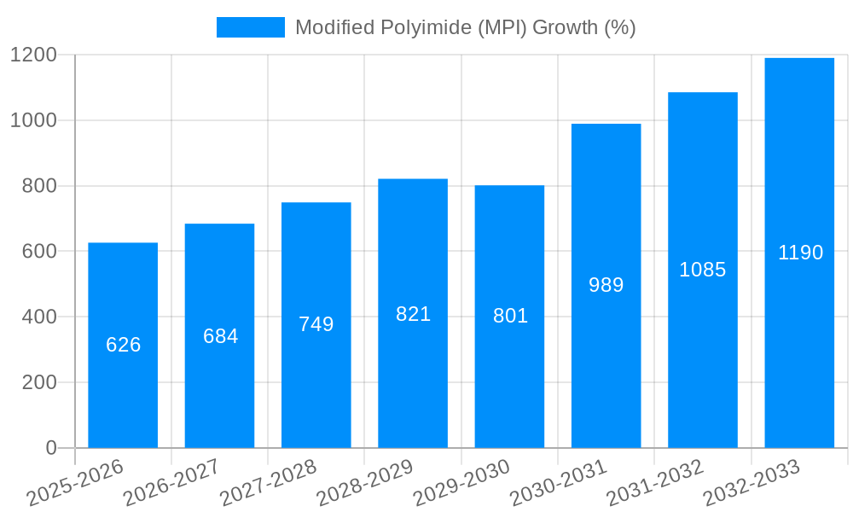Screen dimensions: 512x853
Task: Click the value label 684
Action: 220,336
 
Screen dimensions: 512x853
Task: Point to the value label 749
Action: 316,324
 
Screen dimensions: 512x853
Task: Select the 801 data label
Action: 510,316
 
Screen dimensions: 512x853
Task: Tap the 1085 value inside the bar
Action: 702,270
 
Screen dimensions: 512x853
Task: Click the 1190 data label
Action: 800,253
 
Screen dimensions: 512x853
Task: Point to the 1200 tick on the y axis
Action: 33,55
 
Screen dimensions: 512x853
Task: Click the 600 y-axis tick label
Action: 39,252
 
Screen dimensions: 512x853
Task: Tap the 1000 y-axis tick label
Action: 33,121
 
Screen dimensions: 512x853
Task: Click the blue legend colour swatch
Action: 250,27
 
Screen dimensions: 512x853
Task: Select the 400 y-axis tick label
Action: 39,317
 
